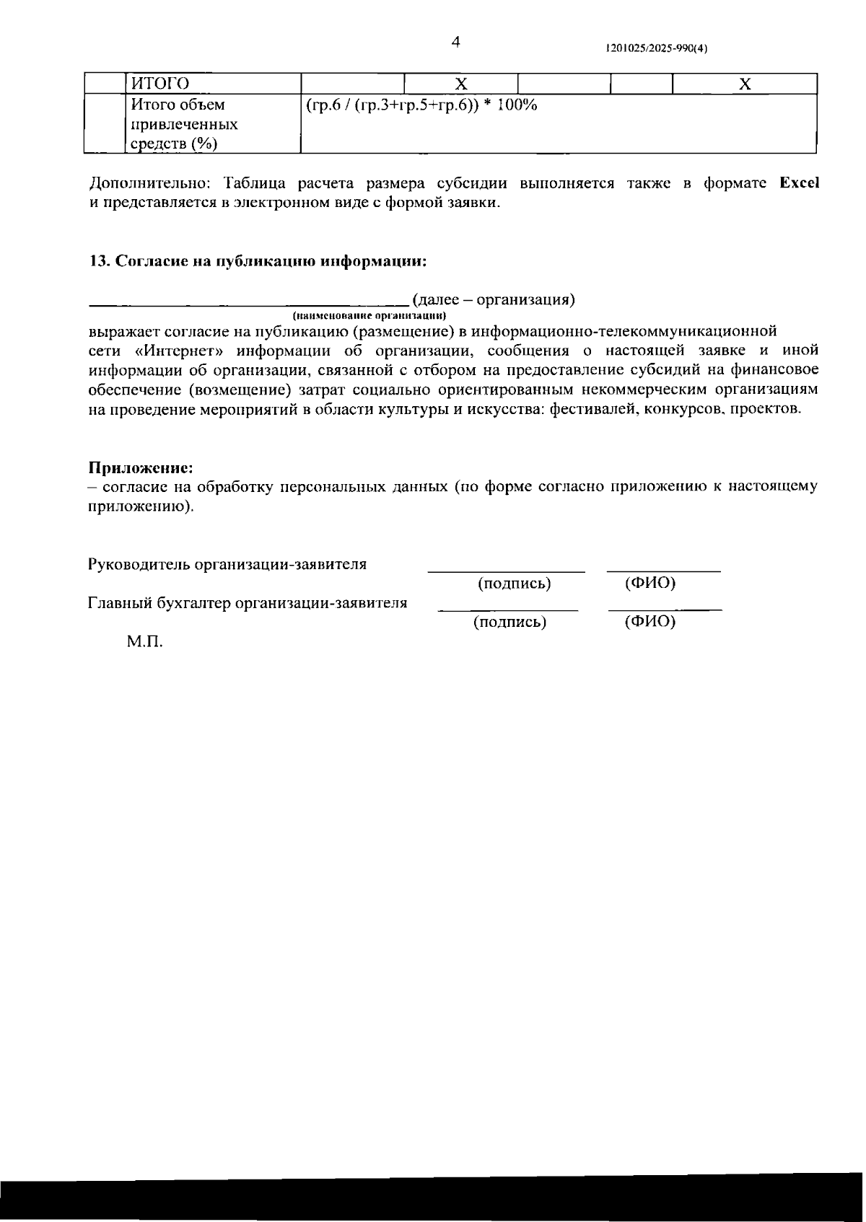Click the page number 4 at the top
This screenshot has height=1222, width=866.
(x=455, y=43)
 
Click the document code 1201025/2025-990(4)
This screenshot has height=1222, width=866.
(x=656, y=49)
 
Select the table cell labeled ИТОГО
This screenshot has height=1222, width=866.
(x=159, y=84)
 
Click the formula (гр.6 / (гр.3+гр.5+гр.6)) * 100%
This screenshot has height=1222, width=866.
(x=421, y=105)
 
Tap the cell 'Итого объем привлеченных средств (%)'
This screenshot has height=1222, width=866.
(x=184, y=124)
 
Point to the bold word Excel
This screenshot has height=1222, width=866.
(x=799, y=183)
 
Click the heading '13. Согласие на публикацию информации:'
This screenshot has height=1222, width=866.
(x=258, y=261)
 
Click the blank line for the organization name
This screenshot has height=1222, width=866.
(x=249, y=303)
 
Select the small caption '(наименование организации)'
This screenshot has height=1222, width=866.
(x=370, y=316)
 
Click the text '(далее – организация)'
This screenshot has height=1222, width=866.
(x=494, y=299)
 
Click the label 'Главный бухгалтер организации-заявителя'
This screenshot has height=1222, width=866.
(x=247, y=602)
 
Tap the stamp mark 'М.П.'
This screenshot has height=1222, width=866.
(x=145, y=641)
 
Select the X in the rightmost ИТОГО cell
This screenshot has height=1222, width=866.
(x=745, y=84)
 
